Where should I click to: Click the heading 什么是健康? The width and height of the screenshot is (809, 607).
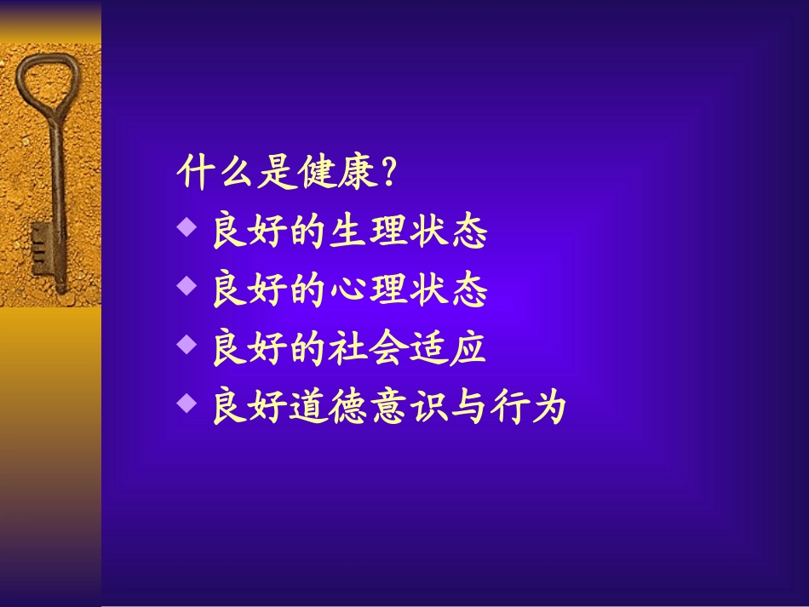(x=288, y=175)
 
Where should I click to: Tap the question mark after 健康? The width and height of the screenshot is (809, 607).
(x=389, y=175)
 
